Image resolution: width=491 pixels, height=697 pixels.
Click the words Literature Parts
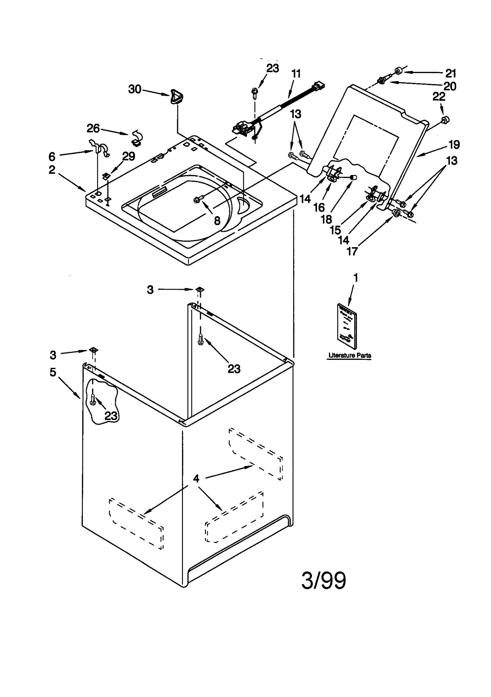(350, 355)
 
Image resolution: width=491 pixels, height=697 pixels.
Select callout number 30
(134, 89)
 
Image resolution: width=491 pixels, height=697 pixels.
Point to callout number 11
(296, 74)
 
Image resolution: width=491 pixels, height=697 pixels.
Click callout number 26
(93, 128)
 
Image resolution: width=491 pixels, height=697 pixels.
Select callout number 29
(129, 156)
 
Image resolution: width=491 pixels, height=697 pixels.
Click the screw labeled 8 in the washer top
(197, 200)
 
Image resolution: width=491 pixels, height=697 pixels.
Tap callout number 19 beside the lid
(454, 144)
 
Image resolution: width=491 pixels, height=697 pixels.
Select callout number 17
(352, 251)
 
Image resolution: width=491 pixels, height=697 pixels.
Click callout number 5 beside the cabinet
(53, 372)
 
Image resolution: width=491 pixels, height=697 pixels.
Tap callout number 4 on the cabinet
(196, 478)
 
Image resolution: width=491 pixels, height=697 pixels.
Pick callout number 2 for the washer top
(52, 170)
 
